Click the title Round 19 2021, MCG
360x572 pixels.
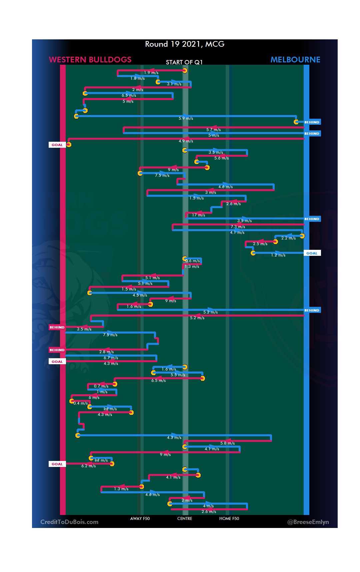click(x=185, y=44)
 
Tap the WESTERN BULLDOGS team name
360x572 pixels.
click(x=90, y=60)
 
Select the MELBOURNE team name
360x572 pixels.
click(x=295, y=60)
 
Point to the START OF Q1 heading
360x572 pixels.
click(x=184, y=62)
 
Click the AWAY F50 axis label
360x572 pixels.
click(x=140, y=519)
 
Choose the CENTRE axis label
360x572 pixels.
click(x=185, y=519)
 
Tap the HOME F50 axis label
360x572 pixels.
click(x=229, y=519)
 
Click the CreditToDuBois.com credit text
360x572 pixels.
click(x=69, y=522)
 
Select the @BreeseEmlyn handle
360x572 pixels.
click(x=308, y=522)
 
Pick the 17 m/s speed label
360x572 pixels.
click(x=198, y=215)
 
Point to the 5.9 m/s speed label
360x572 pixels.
click(x=186, y=118)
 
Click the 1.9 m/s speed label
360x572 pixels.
click(x=151, y=73)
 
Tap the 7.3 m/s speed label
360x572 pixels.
click(x=238, y=227)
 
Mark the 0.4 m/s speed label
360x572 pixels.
click(x=80, y=403)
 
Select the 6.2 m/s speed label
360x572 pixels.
click(x=88, y=466)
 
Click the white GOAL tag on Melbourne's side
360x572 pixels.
click(x=312, y=253)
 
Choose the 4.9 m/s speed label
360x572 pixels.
click(x=186, y=141)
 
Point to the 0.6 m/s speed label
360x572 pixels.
click(x=193, y=261)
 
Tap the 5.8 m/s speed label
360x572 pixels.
click(x=227, y=443)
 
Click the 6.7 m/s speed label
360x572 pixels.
click(x=111, y=358)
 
